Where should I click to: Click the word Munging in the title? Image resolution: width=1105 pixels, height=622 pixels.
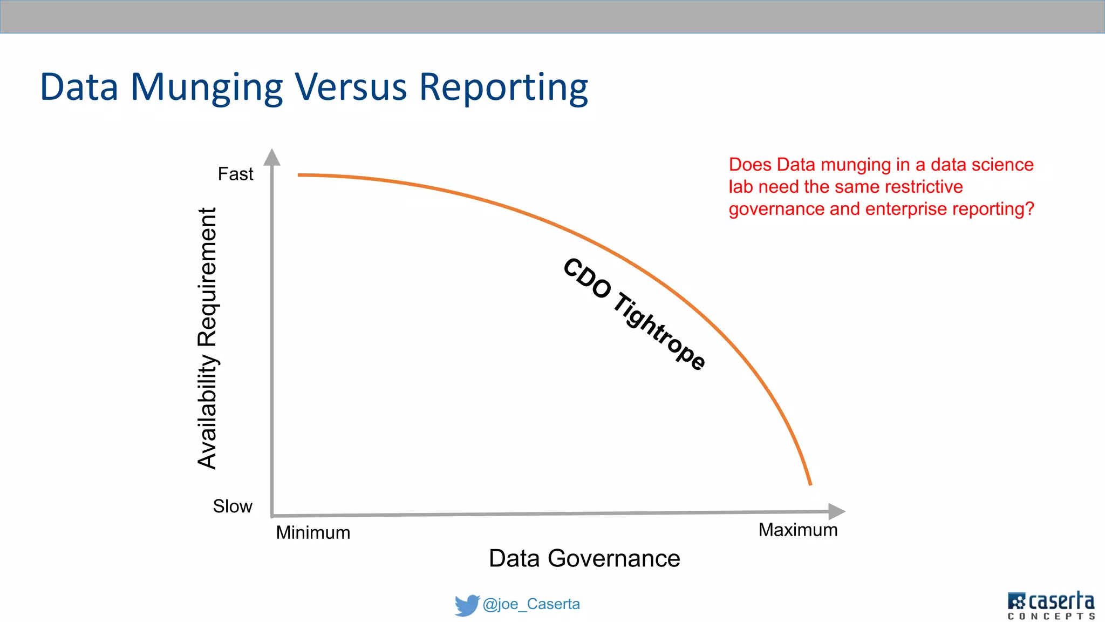click(x=207, y=88)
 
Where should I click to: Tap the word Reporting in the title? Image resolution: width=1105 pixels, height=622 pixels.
click(x=503, y=88)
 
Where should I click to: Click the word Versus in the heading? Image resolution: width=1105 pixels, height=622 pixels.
click(x=351, y=87)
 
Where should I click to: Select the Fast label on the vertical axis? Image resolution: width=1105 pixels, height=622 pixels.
click(x=235, y=174)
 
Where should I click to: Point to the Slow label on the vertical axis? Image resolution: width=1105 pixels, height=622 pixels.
click(x=233, y=506)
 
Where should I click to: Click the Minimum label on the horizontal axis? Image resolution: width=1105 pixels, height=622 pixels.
click(x=313, y=533)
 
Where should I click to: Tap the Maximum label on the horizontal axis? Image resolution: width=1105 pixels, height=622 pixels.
click(x=798, y=530)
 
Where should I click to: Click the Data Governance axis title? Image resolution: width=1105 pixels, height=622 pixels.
click(x=584, y=558)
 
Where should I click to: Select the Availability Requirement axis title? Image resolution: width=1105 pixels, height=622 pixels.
click(x=207, y=338)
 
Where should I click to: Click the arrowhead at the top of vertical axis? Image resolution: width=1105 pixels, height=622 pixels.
click(x=272, y=157)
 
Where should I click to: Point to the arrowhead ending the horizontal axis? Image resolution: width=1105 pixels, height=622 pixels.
click(x=836, y=511)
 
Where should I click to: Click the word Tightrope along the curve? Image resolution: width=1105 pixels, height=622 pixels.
click(x=659, y=331)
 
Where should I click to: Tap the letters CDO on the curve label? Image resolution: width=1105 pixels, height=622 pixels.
click(x=586, y=278)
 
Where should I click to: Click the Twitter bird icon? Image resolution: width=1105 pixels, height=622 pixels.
click(x=466, y=605)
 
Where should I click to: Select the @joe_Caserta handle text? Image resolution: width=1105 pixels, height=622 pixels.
click(x=531, y=604)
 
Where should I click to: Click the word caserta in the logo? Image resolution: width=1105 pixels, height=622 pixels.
click(x=1061, y=601)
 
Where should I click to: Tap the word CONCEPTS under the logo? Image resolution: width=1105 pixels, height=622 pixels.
click(x=1051, y=616)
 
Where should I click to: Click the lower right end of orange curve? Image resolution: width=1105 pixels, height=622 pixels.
click(x=810, y=483)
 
